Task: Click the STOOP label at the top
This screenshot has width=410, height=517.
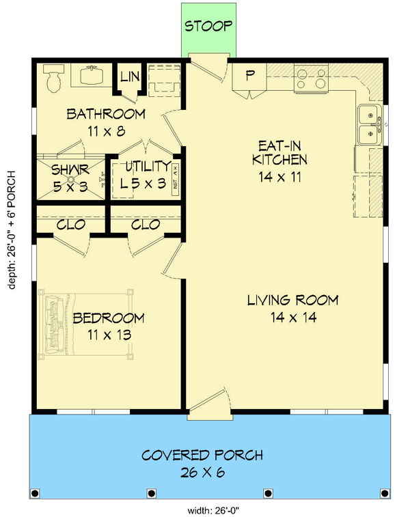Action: pos(208,27)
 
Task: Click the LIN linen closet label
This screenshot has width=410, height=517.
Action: pos(129,76)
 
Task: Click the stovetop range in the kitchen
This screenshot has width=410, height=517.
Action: pos(311,79)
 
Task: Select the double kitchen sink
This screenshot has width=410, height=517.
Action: pos(369,124)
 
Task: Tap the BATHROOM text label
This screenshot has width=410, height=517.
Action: pos(106,113)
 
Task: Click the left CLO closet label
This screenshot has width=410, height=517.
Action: pos(71,224)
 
